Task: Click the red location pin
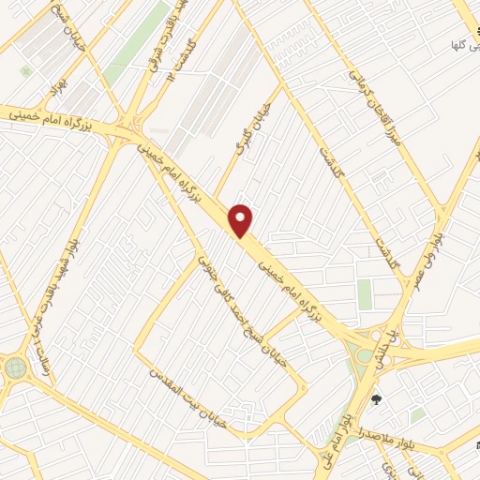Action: click(242, 220)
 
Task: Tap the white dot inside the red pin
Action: click(242, 216)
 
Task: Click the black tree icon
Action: click(377, 400)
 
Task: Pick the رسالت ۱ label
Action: click(44, 357)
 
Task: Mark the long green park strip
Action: click(132, 42)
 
